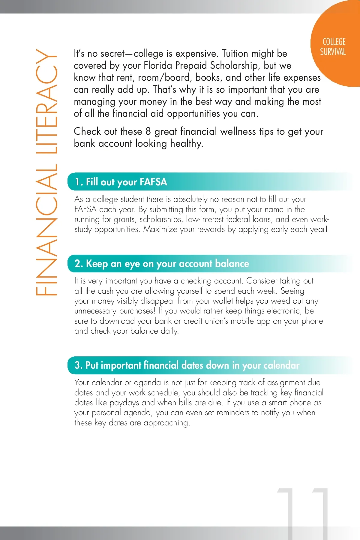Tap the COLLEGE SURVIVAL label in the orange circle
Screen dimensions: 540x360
[333, 47]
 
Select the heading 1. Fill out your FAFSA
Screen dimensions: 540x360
[121, 182]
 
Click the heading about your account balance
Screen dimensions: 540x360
[162, 264]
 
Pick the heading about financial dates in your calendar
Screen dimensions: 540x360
[187, 365]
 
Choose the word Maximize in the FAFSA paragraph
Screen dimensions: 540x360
[160, 229]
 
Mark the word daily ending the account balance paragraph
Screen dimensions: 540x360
[169, 331]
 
